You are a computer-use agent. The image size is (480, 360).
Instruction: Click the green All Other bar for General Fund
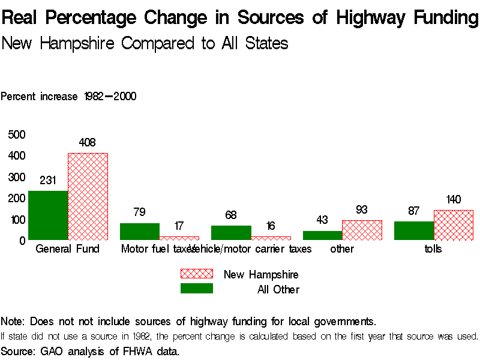(x=47, y=215)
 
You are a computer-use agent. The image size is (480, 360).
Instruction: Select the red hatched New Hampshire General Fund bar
(x=88, y=196)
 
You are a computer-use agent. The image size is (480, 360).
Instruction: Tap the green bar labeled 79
(x=139, y=232)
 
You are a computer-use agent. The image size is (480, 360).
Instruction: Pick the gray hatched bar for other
(x=362, y=230)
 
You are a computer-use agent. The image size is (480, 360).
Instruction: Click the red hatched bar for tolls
(x=453, y=225)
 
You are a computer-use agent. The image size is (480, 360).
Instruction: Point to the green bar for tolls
(x=413, y=231)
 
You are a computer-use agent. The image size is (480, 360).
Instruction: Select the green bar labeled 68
(x=230, y=233)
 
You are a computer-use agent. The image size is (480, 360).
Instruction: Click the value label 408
(x=88, y=143)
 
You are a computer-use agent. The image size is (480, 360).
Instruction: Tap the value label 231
(x=48, y=180)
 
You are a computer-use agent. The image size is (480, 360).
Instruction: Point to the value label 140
(x=454, y=200)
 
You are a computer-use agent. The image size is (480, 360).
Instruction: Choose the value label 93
(x=362, y=210)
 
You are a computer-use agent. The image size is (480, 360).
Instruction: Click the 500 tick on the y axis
(x=17, y=134)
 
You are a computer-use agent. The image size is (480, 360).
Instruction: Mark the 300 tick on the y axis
(x=17, y=177)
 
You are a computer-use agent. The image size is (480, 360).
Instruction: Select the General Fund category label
(x=68, y=249)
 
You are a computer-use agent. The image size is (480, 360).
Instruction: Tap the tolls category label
(x=433, y=249)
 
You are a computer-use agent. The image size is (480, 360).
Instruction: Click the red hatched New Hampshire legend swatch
(x=196, y=274)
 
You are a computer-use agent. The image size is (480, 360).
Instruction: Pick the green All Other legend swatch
(x=196, y=289)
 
